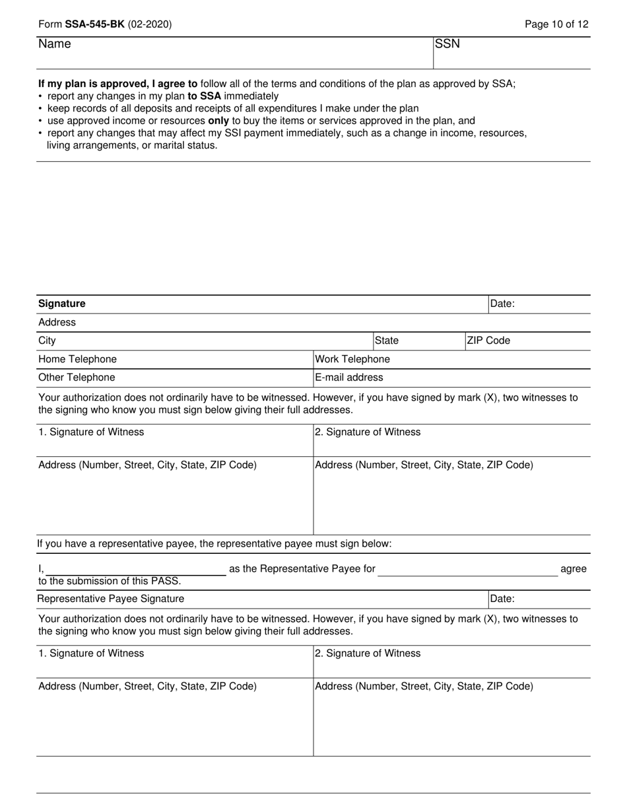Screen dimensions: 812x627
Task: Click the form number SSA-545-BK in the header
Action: pyautogui.click(x=94, y=24)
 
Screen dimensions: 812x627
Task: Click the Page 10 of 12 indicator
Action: pyautogui.click(x=556, y=24)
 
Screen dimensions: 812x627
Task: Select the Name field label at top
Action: pyautogui.click(x=54, y=44)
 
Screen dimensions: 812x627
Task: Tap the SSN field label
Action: pyautogui.click(x=447, y=44)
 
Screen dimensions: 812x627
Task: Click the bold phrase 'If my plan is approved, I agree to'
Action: pyautogui.click(x=117, y=84)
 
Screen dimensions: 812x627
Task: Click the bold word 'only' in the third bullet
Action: pyautogui.click(x=218, y=121)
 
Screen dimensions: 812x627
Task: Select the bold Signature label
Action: pyautogui.click(x=62, y=304)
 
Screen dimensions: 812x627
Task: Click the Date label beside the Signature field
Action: pyautogui.click(x=502, y=304)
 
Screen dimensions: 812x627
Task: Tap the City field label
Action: pyautogui.click(x=47, y=341)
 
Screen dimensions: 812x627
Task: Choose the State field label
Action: pyautogui.click(x=387, y=341)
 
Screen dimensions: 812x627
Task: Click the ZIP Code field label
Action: pyautogui.click(x=488, y=341)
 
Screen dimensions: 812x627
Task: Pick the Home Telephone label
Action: pyautogui.click(x=77, y=359)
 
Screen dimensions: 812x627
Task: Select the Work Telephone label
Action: pyautogui.click(x=352, y=359)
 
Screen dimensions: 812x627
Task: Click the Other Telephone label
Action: pyautogui.click(x=77, y=378)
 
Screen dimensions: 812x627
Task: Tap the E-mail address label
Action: pyautogui.click(x=349, y=378)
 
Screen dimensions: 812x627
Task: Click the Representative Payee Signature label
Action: pyautogui.click(x=111, y=599)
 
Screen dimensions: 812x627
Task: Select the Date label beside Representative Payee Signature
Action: pyautogui.click(x=502, y=599)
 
